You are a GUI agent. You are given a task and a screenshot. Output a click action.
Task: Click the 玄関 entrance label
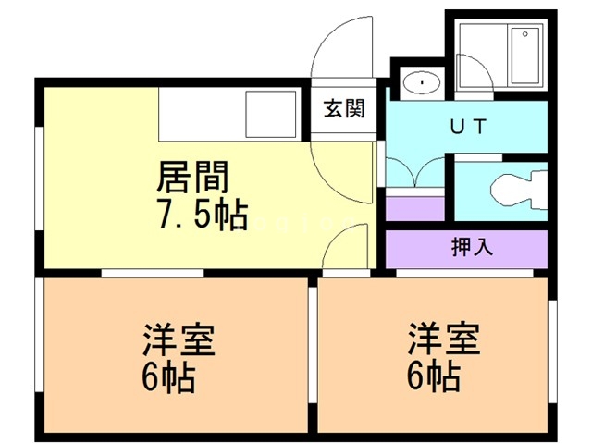343,108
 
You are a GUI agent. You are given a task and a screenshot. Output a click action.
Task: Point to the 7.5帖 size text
201,216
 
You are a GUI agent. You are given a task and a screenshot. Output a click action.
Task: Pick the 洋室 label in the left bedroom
179,340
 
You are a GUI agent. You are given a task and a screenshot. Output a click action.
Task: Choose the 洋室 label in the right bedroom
445,339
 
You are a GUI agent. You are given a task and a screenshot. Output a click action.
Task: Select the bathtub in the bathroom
524,57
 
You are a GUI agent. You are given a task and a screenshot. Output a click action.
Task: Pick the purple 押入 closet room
467,247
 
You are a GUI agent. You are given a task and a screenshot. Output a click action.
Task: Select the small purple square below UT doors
413,207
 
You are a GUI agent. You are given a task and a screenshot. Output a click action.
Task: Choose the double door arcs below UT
415,173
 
